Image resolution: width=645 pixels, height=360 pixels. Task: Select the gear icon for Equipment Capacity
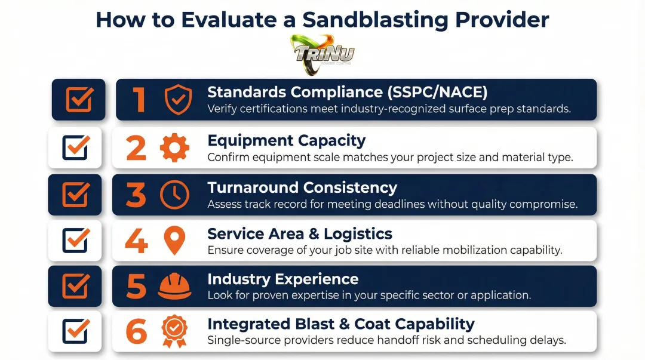(x=174, y=148)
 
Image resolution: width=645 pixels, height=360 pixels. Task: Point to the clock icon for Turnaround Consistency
(x=174, y=195)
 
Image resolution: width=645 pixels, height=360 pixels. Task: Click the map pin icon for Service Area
(x=174, y=241)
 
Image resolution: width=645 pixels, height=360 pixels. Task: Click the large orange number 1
(x=139, y=99)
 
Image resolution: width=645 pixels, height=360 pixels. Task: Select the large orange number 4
(x=136, y=241)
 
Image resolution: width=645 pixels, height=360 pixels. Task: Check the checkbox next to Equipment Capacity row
(x=76, y=147)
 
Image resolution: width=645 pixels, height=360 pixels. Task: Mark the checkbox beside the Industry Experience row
(x=76, y=287)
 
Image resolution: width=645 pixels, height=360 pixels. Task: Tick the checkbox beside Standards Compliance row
(x=79, y=100)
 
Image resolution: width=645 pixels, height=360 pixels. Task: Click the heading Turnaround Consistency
(x=302, y=187)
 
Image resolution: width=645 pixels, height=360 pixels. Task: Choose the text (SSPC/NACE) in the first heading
(x=437, y=92)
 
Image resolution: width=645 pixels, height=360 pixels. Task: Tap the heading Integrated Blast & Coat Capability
(x=340, y=324)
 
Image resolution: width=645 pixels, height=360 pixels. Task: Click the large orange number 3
(x=136, y=195)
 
